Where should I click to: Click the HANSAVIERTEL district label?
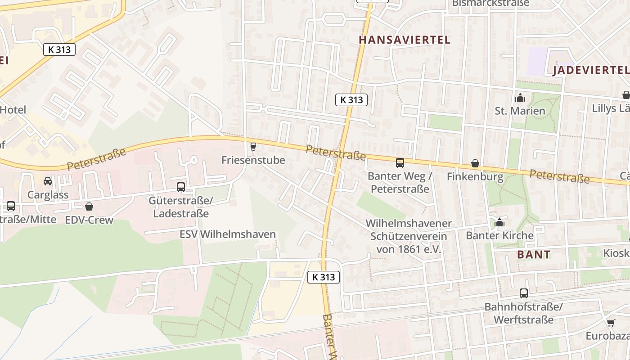(x=404, y=40)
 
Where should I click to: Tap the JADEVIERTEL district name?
(x=590, y=70)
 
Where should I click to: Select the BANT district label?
(x=534, y=254)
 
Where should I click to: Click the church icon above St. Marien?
(x=520, y=98)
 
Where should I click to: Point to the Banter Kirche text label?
(x=499, y=235)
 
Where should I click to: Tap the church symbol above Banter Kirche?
(x=499, y=222)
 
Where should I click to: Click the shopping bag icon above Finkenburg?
(x=475, y=163)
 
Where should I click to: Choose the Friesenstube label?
(x=253, y=160)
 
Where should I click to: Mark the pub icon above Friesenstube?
(x=253, y=146)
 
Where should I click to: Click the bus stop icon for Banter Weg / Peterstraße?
(x=400, y=163)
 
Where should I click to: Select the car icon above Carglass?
(x=48, y=181)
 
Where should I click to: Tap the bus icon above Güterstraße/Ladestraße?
(x=180, y=187)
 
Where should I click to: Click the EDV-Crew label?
(x=89, y=220)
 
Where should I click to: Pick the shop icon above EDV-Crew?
(x=89, y=207)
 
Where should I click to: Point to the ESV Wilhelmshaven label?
(x=227, y=234)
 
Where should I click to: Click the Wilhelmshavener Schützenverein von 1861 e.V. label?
(x=409, y=236)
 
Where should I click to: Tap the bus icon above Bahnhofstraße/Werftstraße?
(x=523, y=293)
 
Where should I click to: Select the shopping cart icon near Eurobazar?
(x=611, y=323)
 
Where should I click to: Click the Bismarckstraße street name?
(x=490, y=3)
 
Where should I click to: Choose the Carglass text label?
(x=48, y=195)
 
